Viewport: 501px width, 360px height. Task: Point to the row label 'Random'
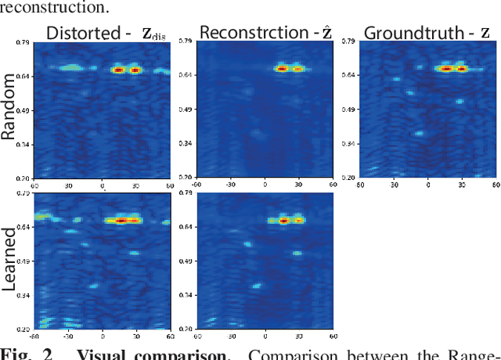point(9,106)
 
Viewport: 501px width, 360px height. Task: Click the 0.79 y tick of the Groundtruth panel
point(350,41)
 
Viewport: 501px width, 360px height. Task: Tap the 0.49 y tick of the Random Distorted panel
point(23,110)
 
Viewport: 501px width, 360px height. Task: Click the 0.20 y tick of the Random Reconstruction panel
point(185,178)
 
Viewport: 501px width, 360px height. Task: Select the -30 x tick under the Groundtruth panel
point(394,185)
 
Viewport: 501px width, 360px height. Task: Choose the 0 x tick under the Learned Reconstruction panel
point(264,337)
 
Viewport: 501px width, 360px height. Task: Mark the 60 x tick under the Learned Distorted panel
point(169,337)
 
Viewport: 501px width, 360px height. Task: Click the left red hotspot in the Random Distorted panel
point(119,70)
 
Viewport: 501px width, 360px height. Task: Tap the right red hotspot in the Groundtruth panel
point(462,69)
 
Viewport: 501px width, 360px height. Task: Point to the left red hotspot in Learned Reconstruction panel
point(284,221)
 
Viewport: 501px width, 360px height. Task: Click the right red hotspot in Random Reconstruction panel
point(297,69)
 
